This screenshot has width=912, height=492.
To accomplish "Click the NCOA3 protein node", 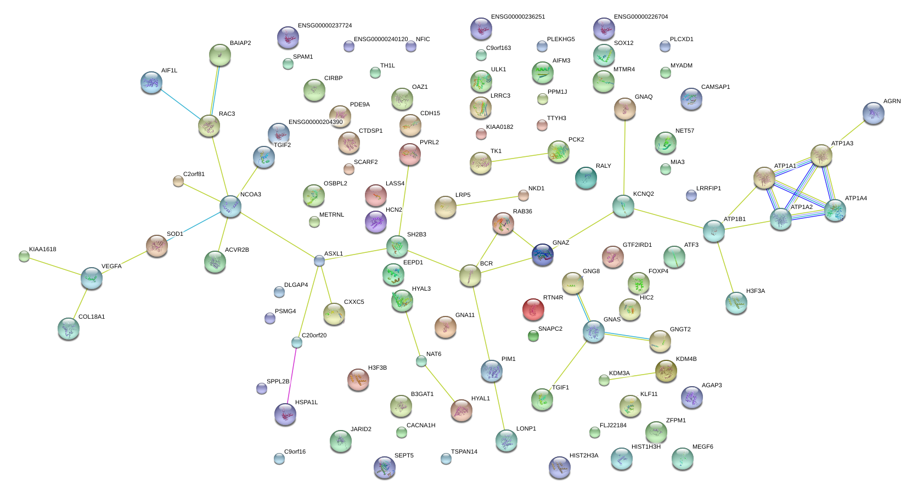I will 230,207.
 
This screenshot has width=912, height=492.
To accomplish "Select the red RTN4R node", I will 533,309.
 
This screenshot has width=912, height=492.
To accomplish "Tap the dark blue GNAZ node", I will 542,255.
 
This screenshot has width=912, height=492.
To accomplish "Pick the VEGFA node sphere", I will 91,278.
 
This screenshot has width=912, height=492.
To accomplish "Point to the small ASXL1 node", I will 319,261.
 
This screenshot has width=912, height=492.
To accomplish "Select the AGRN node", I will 873,113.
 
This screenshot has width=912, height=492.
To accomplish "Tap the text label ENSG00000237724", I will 325,26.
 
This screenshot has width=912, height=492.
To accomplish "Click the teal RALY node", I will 586,178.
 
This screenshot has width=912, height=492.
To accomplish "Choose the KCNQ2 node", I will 623,206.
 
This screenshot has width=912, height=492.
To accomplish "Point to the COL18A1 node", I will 69,328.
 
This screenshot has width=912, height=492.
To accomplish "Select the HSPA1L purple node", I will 285,414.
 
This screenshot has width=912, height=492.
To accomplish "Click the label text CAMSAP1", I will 716,87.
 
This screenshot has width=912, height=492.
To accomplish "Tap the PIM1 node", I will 491,371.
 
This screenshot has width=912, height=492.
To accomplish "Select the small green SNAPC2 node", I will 533,336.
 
